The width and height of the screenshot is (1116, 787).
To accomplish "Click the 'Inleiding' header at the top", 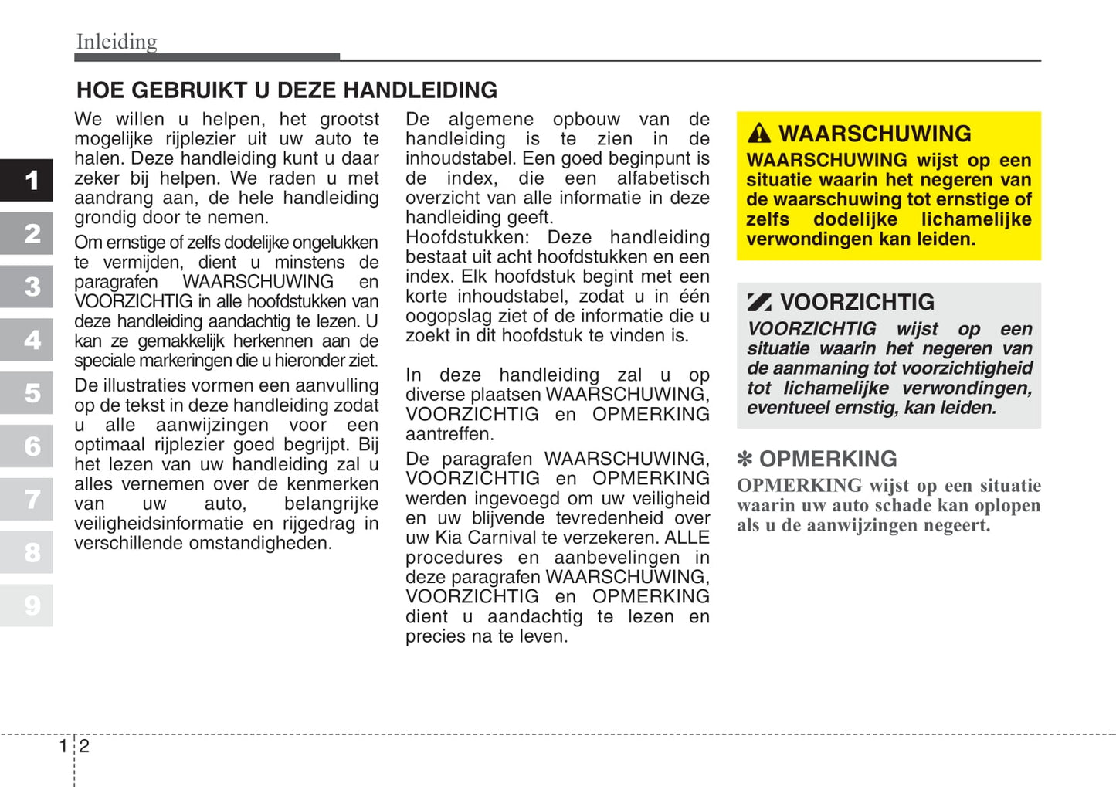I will click(x=117, y=41).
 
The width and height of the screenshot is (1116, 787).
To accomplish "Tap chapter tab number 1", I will click(x=31, y=180).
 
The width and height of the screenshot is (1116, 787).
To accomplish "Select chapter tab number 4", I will click(x=31, y=340).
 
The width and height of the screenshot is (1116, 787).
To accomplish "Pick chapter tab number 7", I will click(x=31, y=499).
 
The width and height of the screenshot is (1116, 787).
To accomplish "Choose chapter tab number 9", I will click(x=31, y=605).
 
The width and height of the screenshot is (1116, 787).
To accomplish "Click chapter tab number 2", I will click(x=31, y=233).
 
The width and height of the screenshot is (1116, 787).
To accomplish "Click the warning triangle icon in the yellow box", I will click(x=759, y=134).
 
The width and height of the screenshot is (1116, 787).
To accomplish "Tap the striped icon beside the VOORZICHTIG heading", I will click(x=759, y=302).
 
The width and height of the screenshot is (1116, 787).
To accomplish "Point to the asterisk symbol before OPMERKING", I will click(x=745, y=460).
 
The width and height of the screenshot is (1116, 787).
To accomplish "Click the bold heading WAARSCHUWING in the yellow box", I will click(x=874, y=134).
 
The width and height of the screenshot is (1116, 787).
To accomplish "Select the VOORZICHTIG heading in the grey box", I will click(x=857, y=302).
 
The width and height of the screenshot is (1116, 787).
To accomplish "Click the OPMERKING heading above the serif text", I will click(x=828, y=460).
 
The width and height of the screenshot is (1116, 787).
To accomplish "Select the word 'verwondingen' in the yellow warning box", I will click(x=809, y=239).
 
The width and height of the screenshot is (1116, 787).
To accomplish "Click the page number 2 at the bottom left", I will click(x=84, y=746).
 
